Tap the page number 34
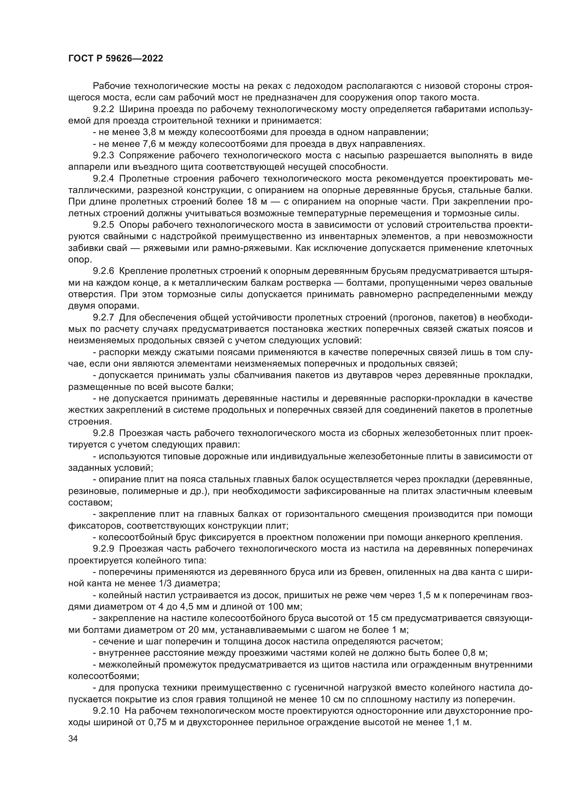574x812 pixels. point(73,738)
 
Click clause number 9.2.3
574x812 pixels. point(103,155)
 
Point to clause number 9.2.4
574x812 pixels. point(103,178)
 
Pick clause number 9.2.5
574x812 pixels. point(103,225)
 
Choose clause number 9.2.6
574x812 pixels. point(103,271)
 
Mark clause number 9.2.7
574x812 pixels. point(103,318)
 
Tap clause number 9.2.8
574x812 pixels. point(103,433)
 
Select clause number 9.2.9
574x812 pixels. point(103,549)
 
